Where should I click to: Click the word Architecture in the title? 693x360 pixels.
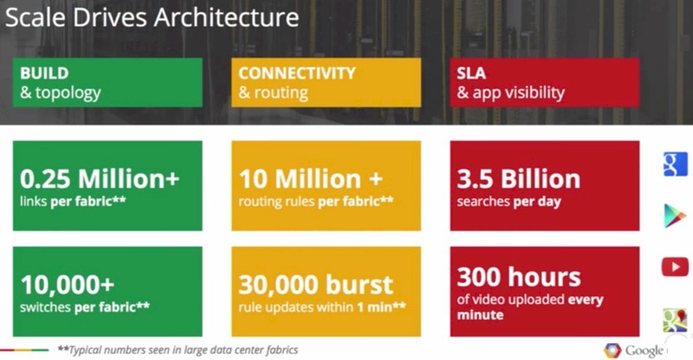pyautogui.click(x=226, y=18)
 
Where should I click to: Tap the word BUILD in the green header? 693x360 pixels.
pyautogui.click(x=44, y=73)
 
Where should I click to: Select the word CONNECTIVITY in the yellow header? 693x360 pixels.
pyautogui.click(x=297, y=73)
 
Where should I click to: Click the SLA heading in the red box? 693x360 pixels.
pyautogui.click(x=471, y=73)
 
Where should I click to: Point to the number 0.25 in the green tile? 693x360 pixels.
pyautogui.click(x=45, y=179)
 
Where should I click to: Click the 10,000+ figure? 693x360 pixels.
pyautogui.click(x=67, y=284)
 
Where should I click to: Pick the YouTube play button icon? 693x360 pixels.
pyautogui.click(x=675, y=267)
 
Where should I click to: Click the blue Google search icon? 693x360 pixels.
pyautogui.click(x=675, y=164)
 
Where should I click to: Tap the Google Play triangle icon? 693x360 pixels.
pyautogui.click(x=675, y=215)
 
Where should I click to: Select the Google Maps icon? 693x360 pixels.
pyautogui.click(x=675, y=320)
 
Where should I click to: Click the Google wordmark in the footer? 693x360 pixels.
pyautogui.click(x=644, y=351)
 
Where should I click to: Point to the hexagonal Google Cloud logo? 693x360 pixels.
pyautogui.click(x=612, y=350)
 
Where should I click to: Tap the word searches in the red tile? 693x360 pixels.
pyautogui.click(x=483, y=201)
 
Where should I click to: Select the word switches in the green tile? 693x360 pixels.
pyautogui.click(x=45, y=307)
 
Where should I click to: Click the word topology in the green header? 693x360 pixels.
pyautogui.click(x=68, y=94)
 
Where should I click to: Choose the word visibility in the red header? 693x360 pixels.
pyautogui.click(x=534, y=93)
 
